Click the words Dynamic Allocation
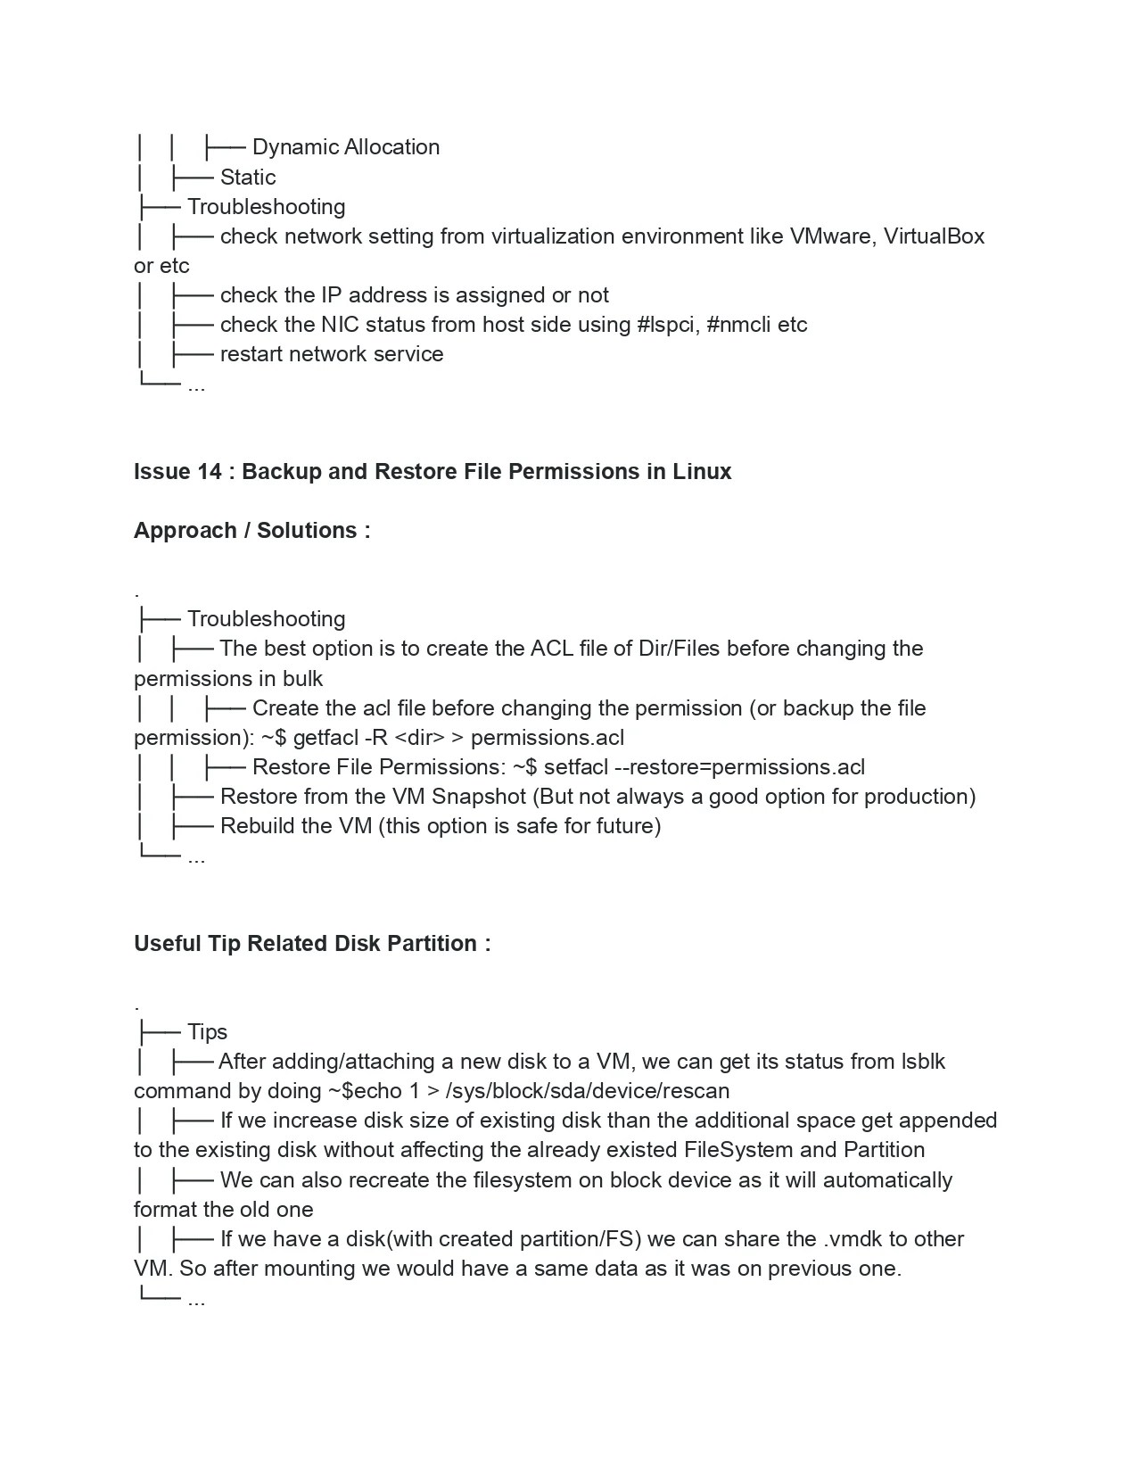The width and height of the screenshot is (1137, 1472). coord(346,147)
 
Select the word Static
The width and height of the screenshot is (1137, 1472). coord(248,177)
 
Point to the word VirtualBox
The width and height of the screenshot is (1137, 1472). coord(934,236)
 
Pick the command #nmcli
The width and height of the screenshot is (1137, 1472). coord(738,325)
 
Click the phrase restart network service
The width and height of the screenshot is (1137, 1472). coord(332,354)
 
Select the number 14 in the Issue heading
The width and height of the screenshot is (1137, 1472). coord(209,471)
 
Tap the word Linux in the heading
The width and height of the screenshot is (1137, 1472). coord(702,471)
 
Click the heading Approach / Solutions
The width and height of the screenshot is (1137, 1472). coord(251,530)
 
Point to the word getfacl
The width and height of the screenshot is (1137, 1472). coord(325,738)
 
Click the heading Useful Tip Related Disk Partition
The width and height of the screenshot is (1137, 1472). coord(311,943)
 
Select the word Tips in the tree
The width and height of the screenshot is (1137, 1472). coord(207,1032)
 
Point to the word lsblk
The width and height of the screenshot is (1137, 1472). coord(923,1062)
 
